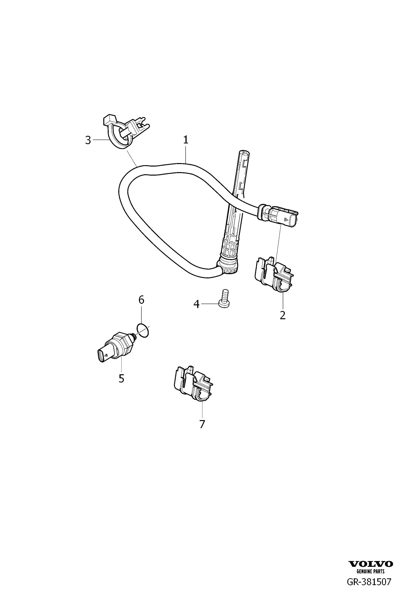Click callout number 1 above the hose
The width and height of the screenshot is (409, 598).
coord(186,140)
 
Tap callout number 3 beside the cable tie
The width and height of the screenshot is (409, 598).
coord(88,140)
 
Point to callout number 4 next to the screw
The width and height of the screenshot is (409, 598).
coord(196,304)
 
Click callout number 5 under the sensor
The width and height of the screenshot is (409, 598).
coord(121,378)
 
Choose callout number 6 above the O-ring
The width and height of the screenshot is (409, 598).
coord(141,300)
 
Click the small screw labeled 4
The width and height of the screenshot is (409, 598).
coord(224,298)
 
